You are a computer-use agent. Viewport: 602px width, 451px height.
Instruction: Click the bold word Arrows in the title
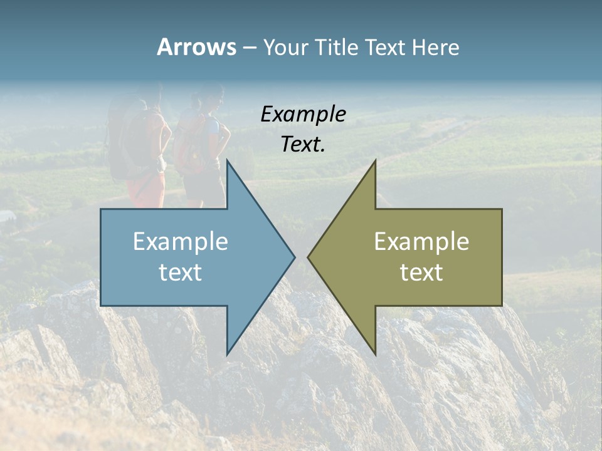[196, 47]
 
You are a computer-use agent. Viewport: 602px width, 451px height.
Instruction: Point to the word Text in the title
[387, 47]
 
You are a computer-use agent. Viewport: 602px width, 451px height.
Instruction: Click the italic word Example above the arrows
[304, 115]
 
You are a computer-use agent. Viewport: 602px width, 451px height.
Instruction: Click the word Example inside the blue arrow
[181, 242]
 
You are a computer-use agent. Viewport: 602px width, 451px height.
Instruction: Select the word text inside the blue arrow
[181, 272]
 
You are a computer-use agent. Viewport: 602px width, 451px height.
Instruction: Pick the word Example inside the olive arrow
[421, 242]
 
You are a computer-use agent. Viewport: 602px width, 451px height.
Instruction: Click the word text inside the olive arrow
[421, 272]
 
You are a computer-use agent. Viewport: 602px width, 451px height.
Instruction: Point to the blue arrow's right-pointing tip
[294, 257]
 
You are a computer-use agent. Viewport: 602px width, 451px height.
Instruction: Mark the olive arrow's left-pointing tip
[309, 257]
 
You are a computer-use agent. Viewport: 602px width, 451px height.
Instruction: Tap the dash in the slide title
[249, 48]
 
